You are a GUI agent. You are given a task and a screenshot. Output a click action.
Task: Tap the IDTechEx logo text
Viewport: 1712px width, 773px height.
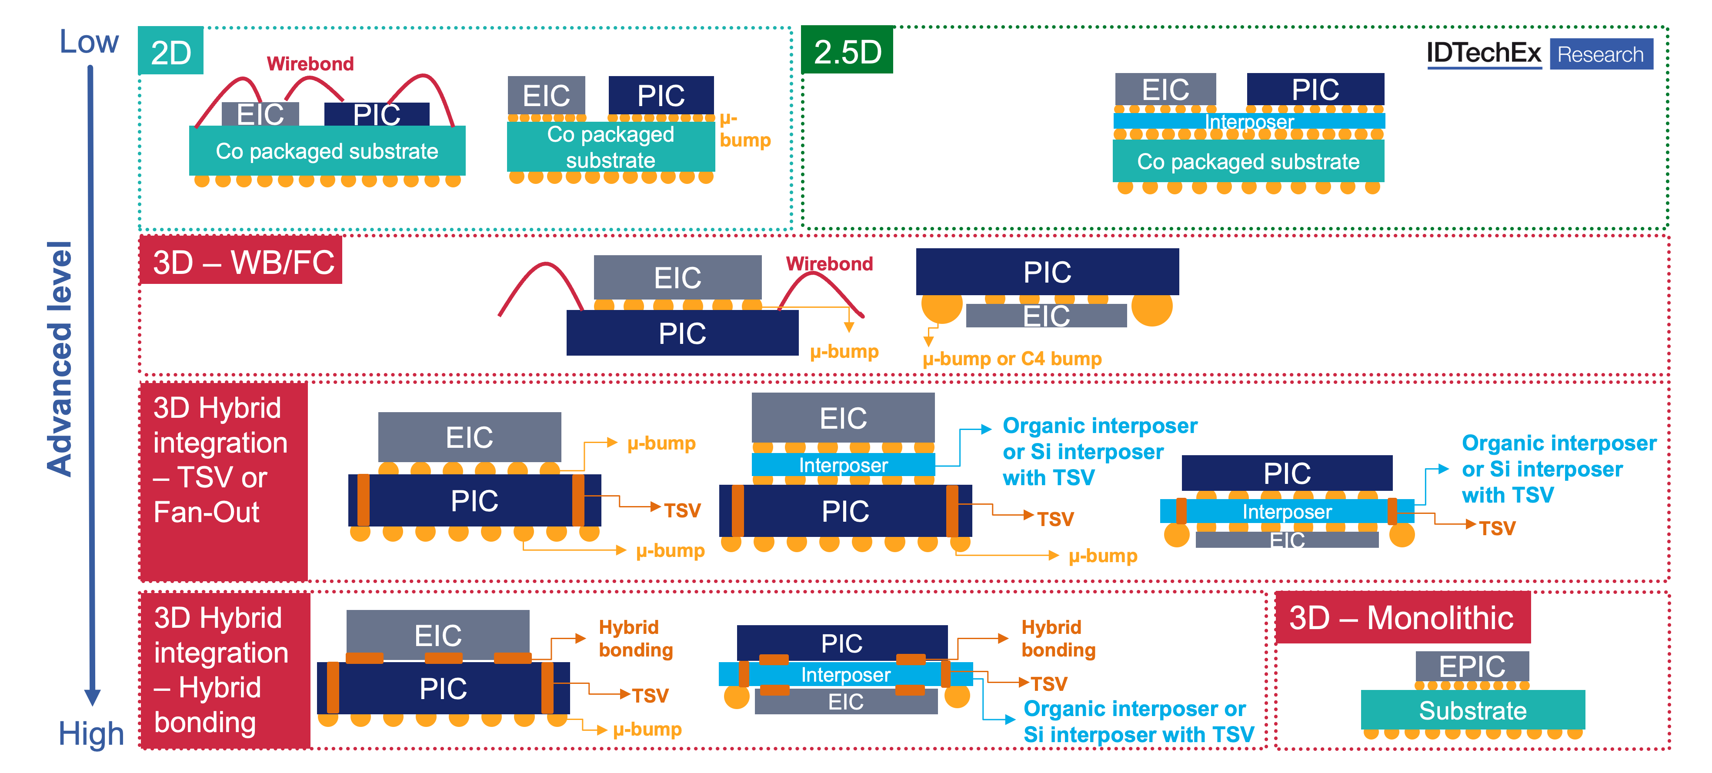click(1483, 53)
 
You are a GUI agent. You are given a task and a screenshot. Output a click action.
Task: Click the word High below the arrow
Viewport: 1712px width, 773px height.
click(91, 734)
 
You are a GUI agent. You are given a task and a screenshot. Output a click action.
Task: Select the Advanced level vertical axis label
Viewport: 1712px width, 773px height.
click(60, 359)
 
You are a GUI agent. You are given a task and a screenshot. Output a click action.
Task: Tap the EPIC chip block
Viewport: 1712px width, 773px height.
click(1472, 666)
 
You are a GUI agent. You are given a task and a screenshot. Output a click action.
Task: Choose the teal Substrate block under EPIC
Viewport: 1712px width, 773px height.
click(1472, 710)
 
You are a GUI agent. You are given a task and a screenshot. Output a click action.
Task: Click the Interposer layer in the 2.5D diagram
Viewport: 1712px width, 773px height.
click(1249, 122)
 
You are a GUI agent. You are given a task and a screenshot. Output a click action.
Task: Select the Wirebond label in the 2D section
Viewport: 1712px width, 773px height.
click(310, 64)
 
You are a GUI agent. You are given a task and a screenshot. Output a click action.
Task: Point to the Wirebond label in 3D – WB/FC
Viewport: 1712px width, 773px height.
click(829, 264)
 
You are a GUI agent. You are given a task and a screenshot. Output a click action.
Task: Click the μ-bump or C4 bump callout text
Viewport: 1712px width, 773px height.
click(1011, 359)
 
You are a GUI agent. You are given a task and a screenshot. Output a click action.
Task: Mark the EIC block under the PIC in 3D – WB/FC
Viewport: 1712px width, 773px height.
click(1046, 316)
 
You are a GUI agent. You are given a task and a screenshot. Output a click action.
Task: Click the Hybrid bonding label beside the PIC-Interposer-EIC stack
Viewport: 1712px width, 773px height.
click(1058, 638)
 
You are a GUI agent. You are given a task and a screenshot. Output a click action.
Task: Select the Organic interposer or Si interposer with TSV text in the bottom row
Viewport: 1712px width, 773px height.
click(1138, 722)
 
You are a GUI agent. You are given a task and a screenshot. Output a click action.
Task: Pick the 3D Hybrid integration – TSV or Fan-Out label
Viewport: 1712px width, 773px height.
click(220, 460)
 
